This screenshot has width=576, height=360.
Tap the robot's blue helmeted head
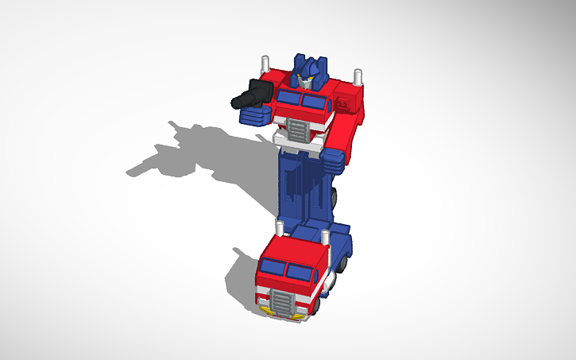306,69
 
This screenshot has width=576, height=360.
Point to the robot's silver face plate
305,79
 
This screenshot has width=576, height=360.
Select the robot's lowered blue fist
333,161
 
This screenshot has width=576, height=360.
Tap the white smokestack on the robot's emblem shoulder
358,78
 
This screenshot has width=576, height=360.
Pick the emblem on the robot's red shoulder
344,103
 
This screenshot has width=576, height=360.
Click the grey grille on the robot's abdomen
298,132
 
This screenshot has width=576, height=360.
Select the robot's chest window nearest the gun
287,98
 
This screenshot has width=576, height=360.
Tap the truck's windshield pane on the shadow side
271,268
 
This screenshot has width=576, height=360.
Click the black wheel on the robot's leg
339,197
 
